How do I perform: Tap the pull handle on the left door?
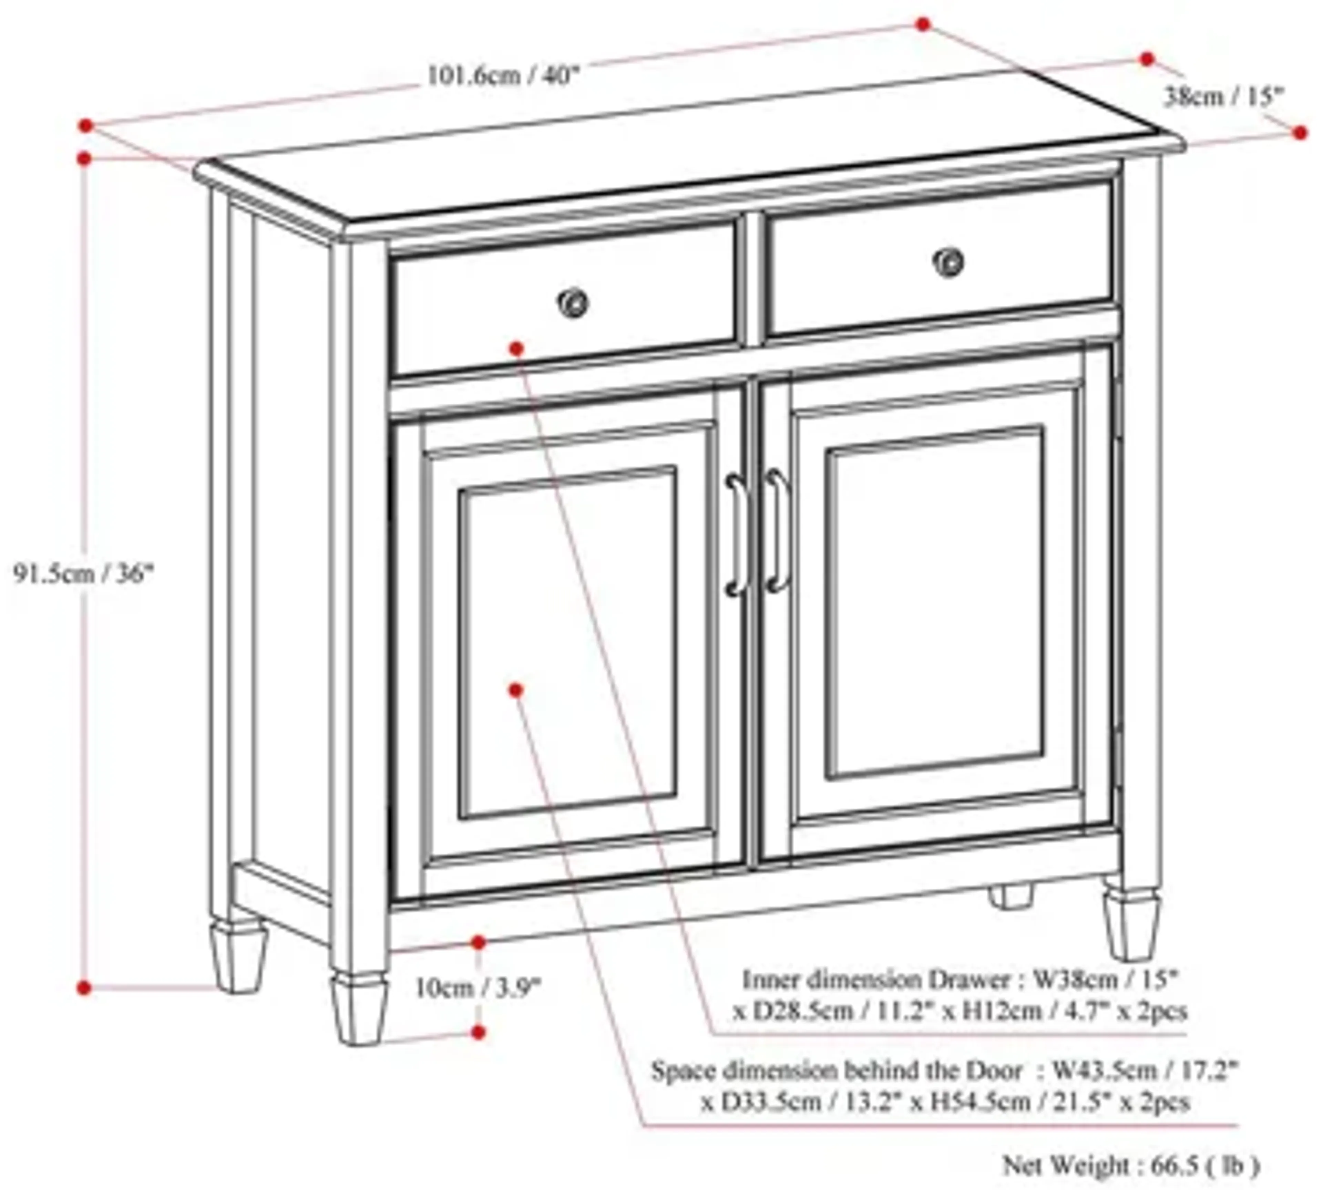pos(736,535)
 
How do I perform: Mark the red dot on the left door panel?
pos(516,690)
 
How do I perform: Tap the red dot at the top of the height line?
pos(84,159)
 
